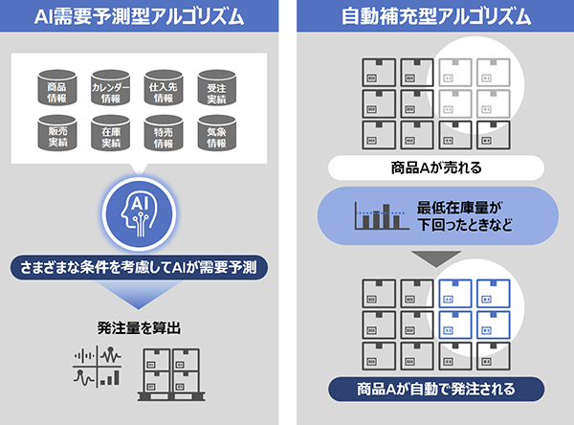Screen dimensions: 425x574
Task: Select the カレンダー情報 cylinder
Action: (110, 88)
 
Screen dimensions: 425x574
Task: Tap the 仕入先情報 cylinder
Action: (163, 88)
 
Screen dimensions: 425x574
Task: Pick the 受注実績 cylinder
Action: (216, 88)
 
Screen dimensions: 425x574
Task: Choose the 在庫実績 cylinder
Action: (110, 134)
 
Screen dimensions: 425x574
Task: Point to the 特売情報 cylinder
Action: (163, 134)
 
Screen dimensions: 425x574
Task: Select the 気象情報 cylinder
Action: (216, 134)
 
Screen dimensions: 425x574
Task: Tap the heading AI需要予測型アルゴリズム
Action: (139, 17)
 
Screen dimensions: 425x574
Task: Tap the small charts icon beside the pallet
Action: (96, 367)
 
